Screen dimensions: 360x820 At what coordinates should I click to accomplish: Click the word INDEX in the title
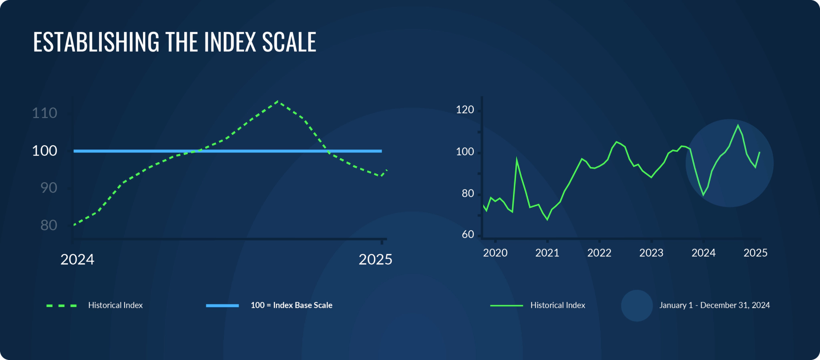230,42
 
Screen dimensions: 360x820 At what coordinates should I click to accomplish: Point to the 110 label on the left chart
44,113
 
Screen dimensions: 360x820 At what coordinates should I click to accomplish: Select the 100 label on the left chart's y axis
44,151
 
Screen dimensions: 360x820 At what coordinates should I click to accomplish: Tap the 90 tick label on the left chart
48,188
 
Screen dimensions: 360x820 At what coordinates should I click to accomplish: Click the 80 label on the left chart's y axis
48,225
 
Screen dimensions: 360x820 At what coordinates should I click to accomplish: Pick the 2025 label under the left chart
375,259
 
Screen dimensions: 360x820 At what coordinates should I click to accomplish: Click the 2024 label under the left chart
77,259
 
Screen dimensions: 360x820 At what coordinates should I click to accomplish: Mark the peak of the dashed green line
278,101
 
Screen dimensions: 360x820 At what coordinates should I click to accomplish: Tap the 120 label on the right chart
465,110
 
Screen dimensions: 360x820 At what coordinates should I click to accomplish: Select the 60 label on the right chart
468,235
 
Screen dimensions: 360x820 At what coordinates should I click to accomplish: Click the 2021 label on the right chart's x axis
547,253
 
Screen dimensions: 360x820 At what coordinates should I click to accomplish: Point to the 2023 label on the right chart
651,253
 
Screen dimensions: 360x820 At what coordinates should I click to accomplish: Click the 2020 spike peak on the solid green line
517,159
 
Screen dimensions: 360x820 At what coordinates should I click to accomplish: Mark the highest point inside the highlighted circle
738,126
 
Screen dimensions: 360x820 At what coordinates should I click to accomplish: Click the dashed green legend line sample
62,306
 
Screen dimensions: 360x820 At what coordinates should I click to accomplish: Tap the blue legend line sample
222,306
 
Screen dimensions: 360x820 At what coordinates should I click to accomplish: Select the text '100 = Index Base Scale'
291,305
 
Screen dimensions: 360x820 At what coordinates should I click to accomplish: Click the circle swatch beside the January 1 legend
637,306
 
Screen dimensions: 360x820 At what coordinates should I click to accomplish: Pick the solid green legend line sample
506,306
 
